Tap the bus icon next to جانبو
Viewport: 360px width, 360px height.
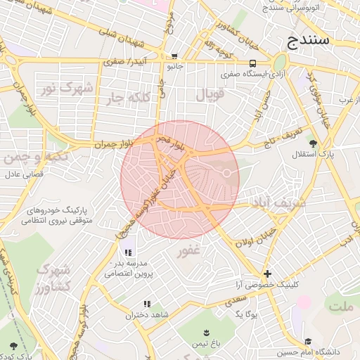174,56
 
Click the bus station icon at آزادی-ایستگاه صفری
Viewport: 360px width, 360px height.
252,63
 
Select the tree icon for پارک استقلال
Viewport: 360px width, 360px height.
312,142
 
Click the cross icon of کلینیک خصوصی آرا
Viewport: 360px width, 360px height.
267,274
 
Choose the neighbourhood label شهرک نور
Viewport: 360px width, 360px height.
77,88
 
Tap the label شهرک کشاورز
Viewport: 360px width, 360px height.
53,279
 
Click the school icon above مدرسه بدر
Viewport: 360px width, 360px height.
127,252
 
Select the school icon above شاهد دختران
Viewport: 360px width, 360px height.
147,304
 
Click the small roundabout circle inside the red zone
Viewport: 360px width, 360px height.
227,173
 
